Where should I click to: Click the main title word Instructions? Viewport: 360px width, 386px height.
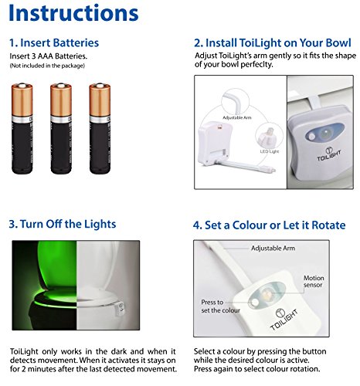(x=73, y=13)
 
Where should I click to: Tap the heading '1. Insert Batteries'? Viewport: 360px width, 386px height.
(x=54, y=42)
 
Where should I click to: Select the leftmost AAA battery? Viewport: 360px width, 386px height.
(x=22, y=128)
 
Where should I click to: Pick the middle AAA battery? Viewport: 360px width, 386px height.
(x=61, y=128)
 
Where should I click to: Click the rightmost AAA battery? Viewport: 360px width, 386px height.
(x=100, y=128)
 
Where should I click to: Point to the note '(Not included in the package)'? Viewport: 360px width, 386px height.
(x=47, y=66)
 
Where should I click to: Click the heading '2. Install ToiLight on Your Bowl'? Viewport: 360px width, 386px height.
(x=273, y=42)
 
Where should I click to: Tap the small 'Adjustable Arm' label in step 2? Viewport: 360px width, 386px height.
(x=237, y=118)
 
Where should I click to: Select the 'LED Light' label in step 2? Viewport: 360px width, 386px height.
(x=270, y=151)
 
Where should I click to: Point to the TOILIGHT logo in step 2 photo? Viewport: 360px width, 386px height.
(x=329, y=154)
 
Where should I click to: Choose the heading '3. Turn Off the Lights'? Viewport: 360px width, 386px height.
(x=63, y=224)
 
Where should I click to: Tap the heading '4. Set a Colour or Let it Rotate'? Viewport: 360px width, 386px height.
(x=270, y=225)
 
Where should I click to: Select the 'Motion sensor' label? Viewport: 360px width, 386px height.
(x=314, y=281)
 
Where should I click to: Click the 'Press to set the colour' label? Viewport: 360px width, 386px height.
(x=220, y=306)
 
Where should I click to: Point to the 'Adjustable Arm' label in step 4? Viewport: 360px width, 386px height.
(x=273, y=248)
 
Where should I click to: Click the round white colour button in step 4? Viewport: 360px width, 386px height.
(x=255, y=302)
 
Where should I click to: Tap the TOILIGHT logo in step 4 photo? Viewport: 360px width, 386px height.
(x=284, y=319)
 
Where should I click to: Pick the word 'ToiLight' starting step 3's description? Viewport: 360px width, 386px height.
(x=24, y=351)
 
